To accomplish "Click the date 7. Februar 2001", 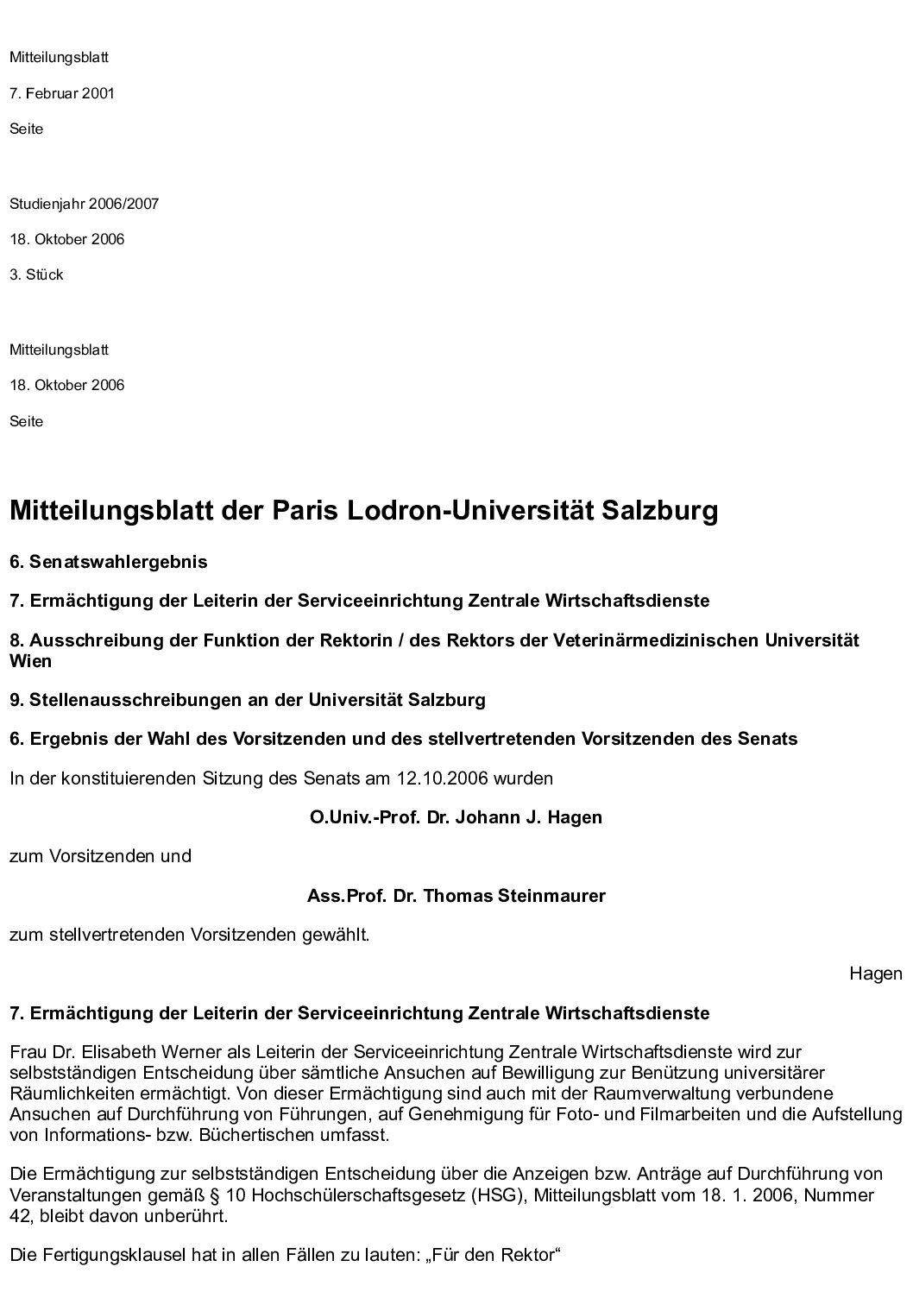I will click(62, 93).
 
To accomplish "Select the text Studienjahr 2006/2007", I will click(85, 205).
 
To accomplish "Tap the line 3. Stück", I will click(36, 275).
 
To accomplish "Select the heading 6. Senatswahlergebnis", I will click(109, 562).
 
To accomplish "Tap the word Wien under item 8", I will click(31, 662).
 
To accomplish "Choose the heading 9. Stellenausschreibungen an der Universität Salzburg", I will click(248, 700).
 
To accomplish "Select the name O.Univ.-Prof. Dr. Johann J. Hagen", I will click(456, 817).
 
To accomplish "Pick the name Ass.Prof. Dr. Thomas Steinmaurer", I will click(456, 896).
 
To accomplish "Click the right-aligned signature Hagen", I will click(876, 974).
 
